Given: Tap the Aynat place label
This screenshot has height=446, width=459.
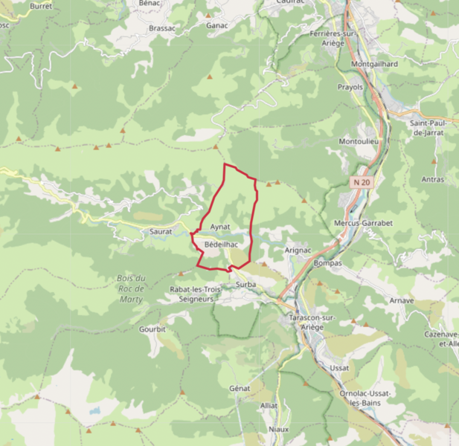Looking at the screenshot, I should pos(220,226).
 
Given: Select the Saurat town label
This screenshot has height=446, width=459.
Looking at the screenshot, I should pos(161,232).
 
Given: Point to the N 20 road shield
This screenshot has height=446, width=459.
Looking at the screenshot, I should pos(362,181).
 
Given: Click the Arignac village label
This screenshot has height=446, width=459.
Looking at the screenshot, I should pos(298,251).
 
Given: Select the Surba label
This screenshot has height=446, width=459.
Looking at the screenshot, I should pos(245,285).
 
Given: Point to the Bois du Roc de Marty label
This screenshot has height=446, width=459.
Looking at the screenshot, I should pos(131,289).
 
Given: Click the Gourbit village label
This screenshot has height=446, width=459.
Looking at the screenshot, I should pos(152,328).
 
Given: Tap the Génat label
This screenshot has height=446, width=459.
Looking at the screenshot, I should pos(240,388).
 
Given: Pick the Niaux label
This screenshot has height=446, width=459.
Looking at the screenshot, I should pos(278,429).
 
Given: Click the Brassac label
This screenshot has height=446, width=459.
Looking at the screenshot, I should pos(162,28).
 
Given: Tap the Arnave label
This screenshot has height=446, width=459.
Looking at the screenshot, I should pos(401,301).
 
